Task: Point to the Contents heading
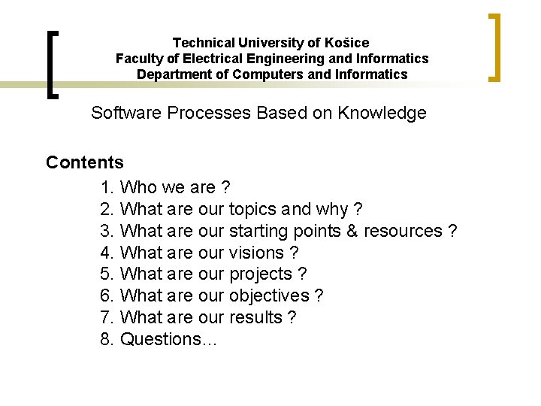click(x=85, y=162)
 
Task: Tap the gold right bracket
click(x=496, y=47)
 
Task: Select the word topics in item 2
click(x=252, y=209)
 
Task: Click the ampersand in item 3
click(x=352, y=231)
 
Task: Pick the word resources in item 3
click(x=403, y=231)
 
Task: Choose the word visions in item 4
click(x=256, y=253)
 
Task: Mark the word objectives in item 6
click(x=269, y=295)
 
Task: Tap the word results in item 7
click(x=256, y=317)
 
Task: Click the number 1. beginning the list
click(x=107, y=187)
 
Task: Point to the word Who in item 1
click(x=138, y=187)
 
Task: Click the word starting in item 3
click(x=261, y=231)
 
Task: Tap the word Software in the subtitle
click(x=125, y=113)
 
